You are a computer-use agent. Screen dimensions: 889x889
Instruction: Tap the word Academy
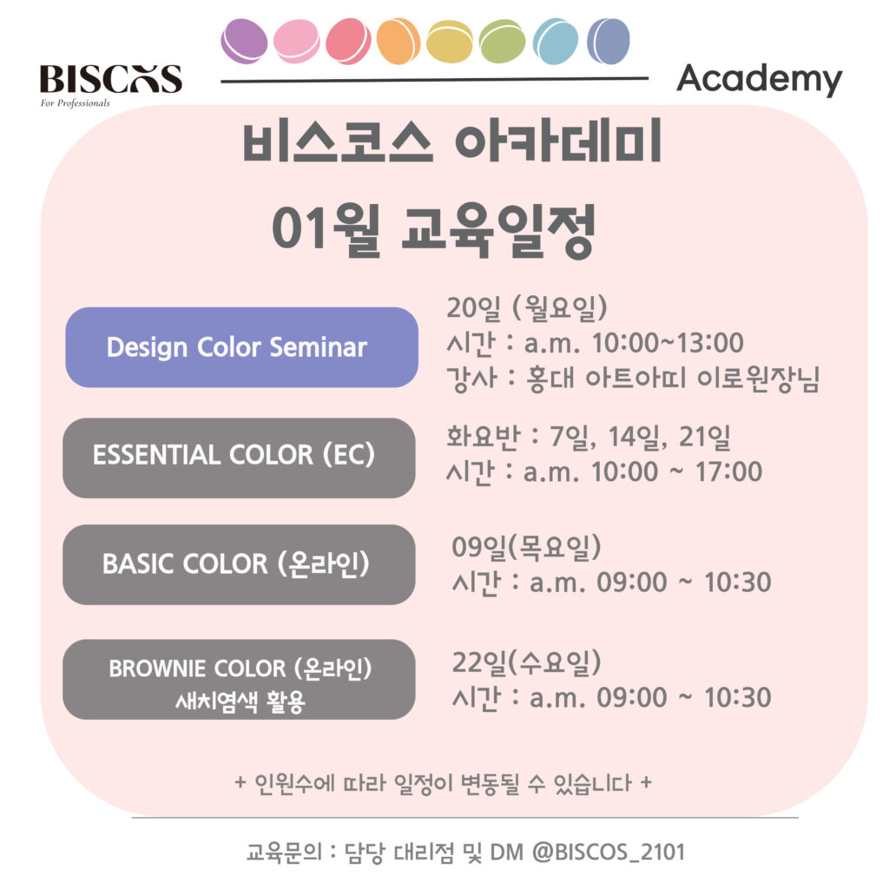pyautogui.click(x=759, y=79)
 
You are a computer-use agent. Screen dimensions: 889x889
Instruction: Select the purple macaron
pyautogui.click(x=244, y=41)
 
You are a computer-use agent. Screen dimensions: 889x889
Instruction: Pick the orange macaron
pyautogui.click(x=398, y=41)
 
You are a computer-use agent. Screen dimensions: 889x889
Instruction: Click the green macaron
pyautogui.click(x=502, y=42)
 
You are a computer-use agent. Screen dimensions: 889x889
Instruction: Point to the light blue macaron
pyautogui.click(x=556, y=42)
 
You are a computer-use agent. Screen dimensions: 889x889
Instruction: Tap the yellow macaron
pyautogui.click(x=449, y=42)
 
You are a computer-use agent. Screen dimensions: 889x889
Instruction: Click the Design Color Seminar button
pyautogui.click(x=241, y=347)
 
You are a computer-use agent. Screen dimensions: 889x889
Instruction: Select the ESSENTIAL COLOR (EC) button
pyautogui.click(x=239, y=458)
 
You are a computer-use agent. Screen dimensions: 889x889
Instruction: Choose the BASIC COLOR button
pyautogui.click(x=239, y=564)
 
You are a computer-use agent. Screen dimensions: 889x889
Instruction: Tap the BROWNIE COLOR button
pyautogui.click(x=239, y=679)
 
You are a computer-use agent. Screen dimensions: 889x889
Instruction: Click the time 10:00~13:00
pyautogui.click(x=668, y=343)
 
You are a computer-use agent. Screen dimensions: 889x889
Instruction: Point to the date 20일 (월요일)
pyautogui.click(x=527, y=308)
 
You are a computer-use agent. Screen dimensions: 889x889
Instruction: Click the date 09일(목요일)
pyautogui.click(x=526, y=547)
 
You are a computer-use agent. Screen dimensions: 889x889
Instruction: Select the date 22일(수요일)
pyautogui.click(x=526, y=662)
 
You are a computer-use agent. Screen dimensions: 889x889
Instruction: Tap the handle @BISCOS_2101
pyautogui.click(x=609, y=853)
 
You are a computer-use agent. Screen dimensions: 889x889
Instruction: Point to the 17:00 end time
pyautogui.click(x=728, y=471)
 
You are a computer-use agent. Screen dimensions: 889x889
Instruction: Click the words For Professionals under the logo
pyautogui.click(x=75, y=103)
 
